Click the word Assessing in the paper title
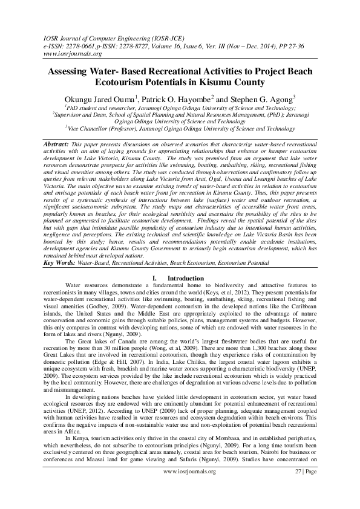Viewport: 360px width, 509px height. click(x=68, y=72)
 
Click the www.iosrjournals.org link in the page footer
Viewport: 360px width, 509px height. click(x=190, y=488)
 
